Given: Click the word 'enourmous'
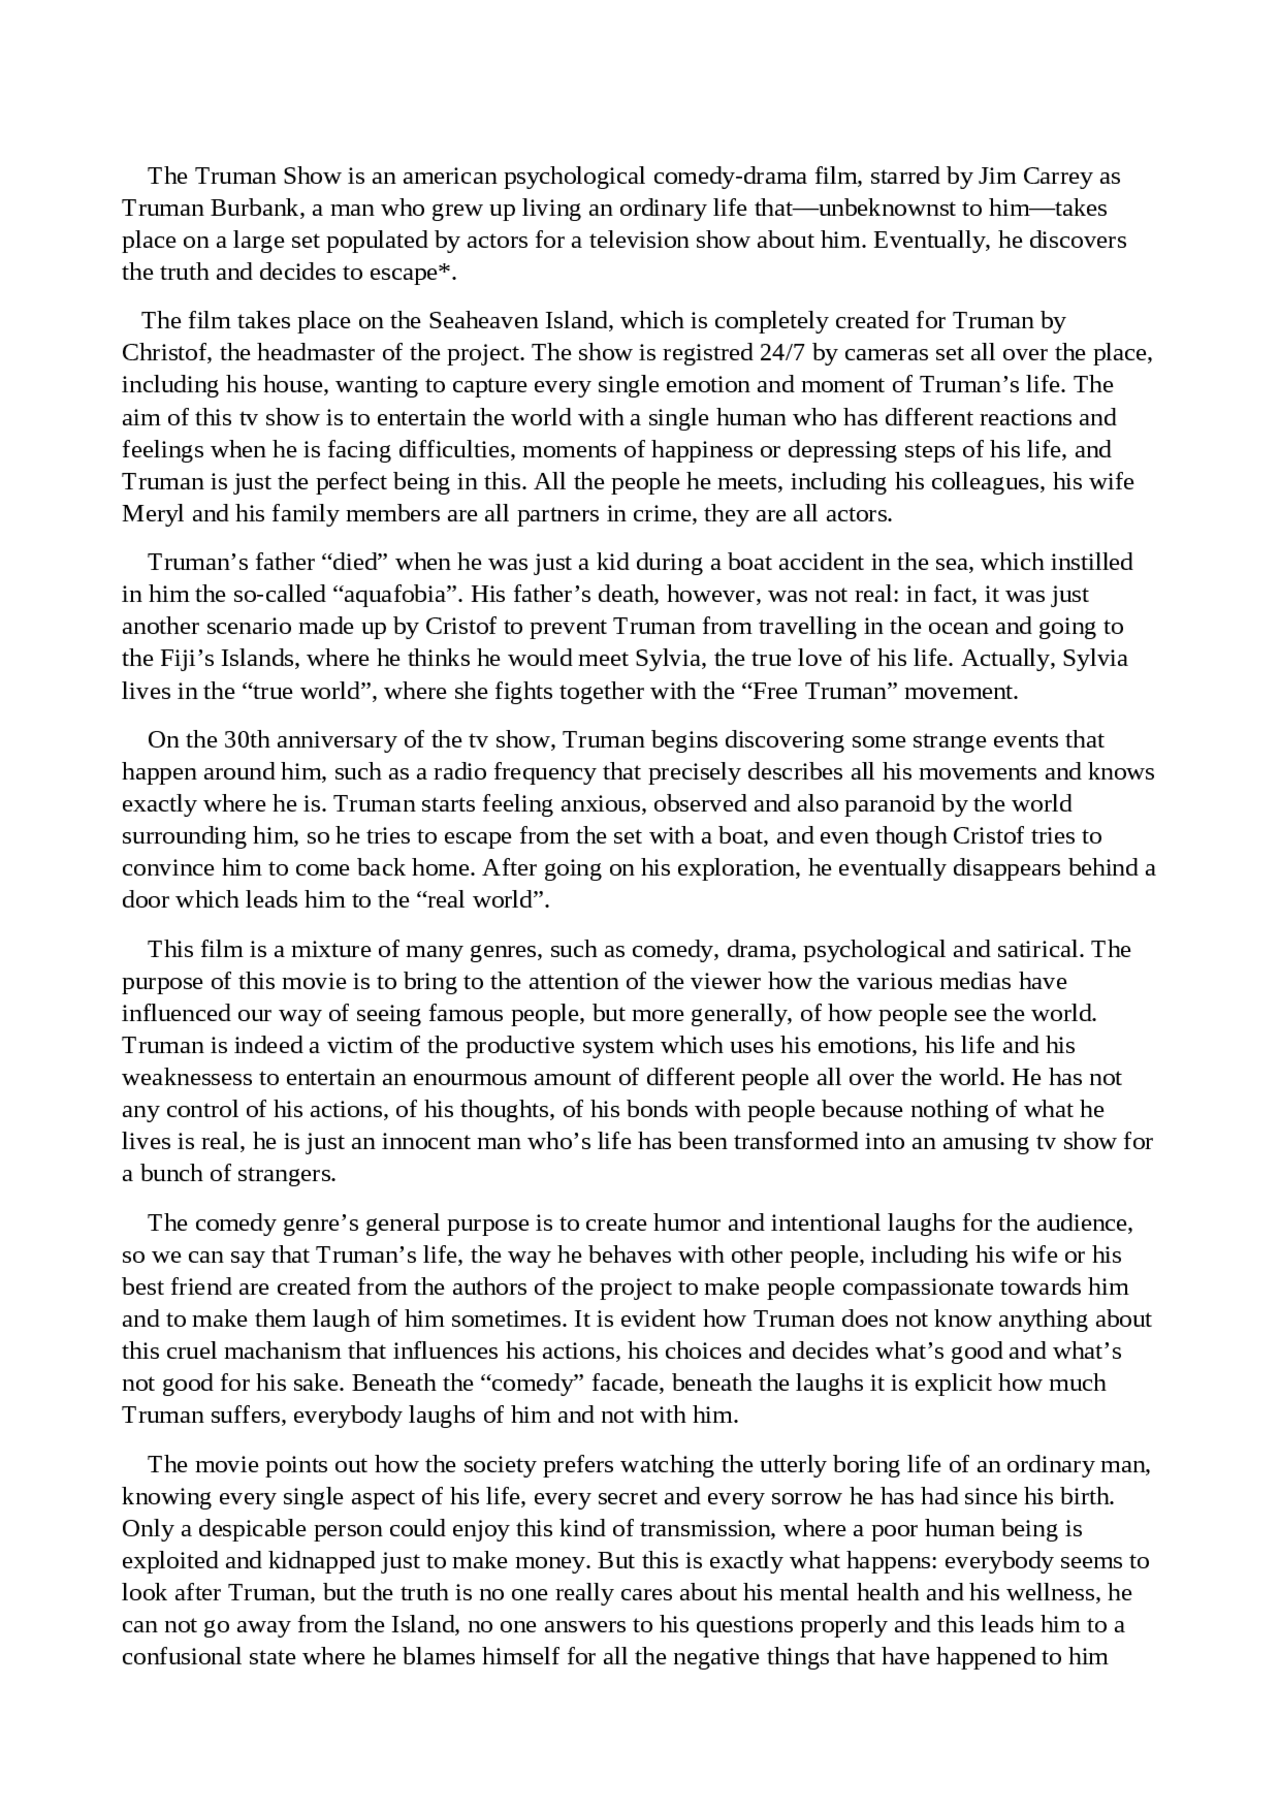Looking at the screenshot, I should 475,1078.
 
